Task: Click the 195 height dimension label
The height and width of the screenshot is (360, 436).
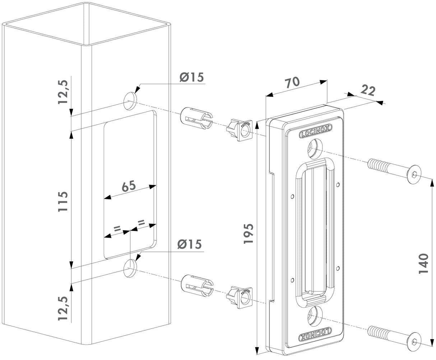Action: click(249, 234)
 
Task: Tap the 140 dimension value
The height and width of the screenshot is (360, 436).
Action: click(424, 263)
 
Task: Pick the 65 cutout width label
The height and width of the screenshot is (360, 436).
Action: click(128, 186)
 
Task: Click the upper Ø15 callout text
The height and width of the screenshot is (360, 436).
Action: click(191, 77)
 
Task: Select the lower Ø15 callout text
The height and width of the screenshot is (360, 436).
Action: click(189, 244)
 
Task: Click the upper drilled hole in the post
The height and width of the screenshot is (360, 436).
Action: click(130, 100)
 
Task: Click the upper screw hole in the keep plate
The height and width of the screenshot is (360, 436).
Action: click(315, 148)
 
